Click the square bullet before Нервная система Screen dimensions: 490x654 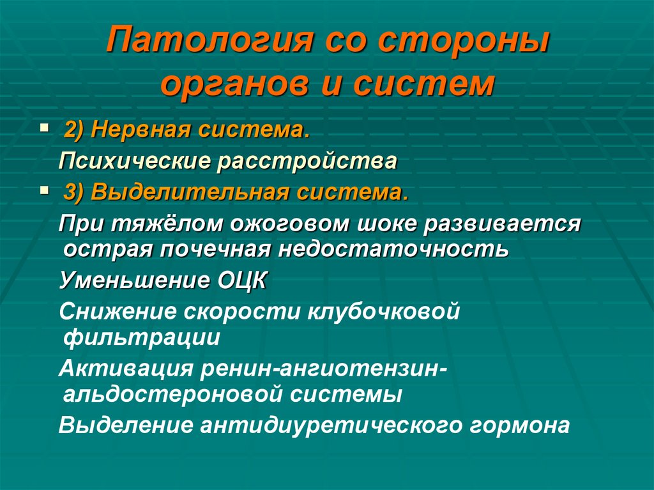44,128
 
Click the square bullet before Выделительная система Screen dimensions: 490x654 44,190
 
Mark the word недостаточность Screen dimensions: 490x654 393,248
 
